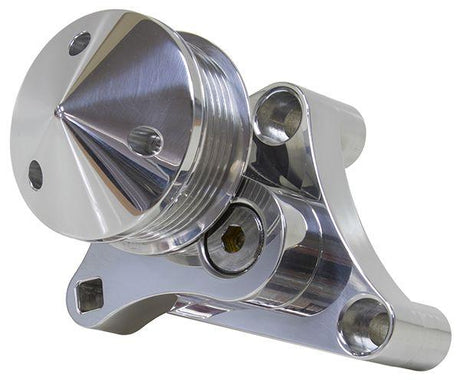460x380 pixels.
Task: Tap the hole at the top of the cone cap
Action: pyautogui.click(x=79, y=43)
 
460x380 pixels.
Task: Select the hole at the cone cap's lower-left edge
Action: pyautogui.click(x=35, y=175)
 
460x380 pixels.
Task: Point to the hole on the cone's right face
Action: pyautogui.click(x=146, y=140)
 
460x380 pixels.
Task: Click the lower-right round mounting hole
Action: pyautogui.click(x=364, y=325)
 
